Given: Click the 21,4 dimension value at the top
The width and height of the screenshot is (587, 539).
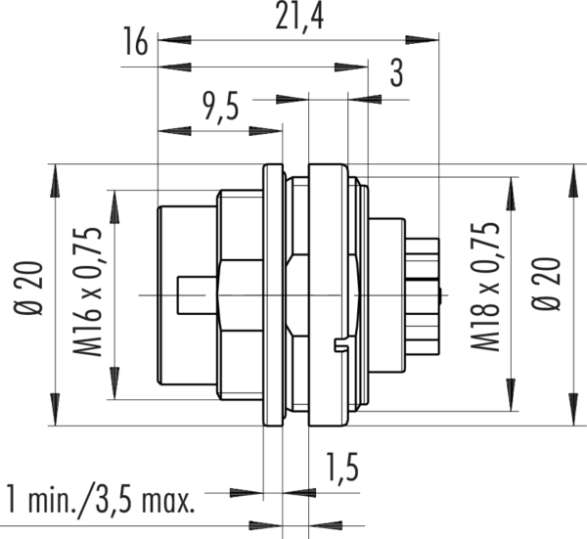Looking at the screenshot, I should pos(298,17).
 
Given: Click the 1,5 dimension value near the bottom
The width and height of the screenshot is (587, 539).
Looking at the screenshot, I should pos(340,469).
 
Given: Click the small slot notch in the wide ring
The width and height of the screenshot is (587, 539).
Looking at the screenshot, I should pos(339,344).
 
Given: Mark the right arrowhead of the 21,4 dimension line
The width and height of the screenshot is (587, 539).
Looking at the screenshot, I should pos(429,40).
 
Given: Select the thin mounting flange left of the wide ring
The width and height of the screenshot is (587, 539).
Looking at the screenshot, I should pos(274,293).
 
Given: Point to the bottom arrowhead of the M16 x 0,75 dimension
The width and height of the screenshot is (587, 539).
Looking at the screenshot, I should pos(115,390).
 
